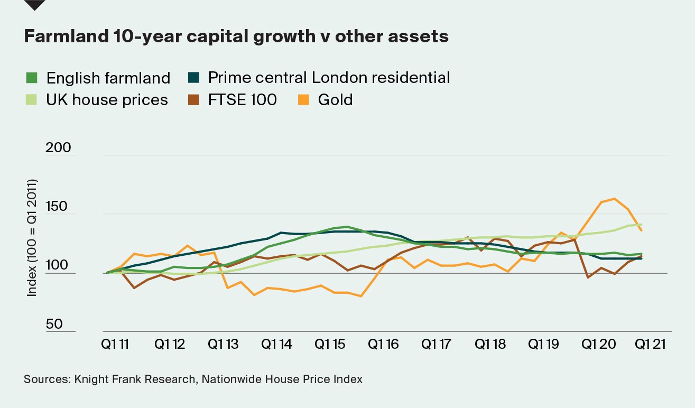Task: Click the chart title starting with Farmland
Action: click(236, 36)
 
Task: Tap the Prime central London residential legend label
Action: click(329, 78)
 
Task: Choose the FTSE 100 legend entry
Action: click(242, 100)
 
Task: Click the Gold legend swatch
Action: click(303, 100)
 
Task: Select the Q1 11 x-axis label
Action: click(116, 344)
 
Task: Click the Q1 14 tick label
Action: click(277, 344)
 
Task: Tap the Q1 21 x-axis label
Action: click(651, 344)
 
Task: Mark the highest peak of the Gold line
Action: click(614, 199)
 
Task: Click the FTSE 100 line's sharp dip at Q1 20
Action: click(588, 277)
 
